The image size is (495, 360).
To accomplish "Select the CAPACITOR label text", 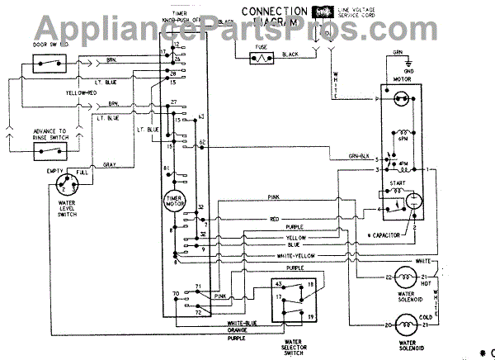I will click(x=383, y=234).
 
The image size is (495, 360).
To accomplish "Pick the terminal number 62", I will click(x=202, y=143).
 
